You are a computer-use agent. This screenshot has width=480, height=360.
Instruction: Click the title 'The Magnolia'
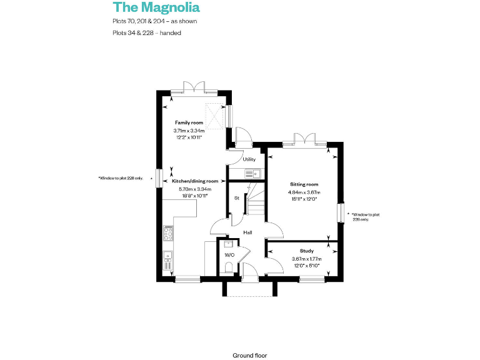156,7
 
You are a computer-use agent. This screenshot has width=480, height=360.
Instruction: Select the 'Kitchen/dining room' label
195,181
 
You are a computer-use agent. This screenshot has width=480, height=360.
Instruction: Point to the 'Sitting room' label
304,184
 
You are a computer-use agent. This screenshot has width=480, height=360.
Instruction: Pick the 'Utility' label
249,159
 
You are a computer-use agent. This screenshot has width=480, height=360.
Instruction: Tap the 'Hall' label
247,232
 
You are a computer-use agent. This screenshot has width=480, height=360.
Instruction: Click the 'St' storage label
237,198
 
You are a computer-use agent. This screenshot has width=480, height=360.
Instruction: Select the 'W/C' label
229,255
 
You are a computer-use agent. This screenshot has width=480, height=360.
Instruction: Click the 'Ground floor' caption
249,355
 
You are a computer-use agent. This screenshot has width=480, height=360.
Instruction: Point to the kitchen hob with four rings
167,234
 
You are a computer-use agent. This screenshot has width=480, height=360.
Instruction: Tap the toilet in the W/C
228,267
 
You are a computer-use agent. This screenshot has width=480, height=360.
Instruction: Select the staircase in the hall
255,201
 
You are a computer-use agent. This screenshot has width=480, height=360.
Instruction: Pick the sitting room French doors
305,139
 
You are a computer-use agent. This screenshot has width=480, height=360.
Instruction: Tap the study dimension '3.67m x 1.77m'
306,259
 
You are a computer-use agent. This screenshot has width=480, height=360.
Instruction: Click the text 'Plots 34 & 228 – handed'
147,33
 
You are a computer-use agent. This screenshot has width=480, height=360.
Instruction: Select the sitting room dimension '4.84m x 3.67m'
304,192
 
